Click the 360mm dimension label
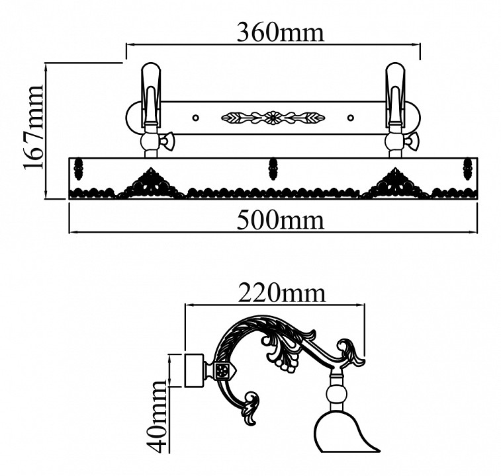tap(281, 32)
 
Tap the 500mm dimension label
tap(281, 219)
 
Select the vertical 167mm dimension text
tap(33, 127)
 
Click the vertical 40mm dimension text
tap(159, 416)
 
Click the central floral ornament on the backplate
tap(273, 118)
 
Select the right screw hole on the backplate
tap(351, 118)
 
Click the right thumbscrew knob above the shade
tap(415, 140)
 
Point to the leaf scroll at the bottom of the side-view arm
tap(251, 409)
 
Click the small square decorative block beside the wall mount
tap(222, 370)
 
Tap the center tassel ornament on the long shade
tap(271, 168)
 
